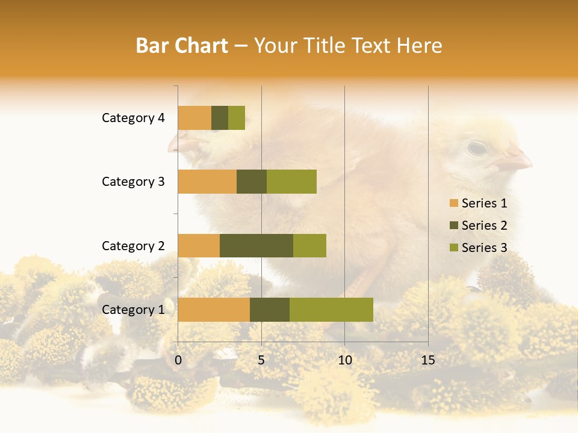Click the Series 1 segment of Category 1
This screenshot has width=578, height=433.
point(214,310)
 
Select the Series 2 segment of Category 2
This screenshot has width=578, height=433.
point(256,245)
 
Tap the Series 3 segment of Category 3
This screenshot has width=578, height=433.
point(291,182)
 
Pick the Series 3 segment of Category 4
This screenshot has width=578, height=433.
point(237,118)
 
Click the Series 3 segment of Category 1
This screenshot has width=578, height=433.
point(331,310)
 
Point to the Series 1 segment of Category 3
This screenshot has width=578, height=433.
point(207,182)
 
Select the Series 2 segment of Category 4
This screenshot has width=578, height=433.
point(220,118)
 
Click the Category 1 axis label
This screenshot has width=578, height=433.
point(133,310)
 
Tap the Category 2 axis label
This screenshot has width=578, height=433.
point(133,245)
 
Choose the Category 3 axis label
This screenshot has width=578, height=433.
point(133,182)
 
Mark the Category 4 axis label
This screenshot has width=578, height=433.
point(133,118)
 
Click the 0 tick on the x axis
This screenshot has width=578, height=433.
point(178,360)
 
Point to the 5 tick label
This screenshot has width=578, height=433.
point(261,360)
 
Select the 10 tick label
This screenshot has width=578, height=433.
point(344,360)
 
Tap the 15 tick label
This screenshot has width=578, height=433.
point(427,360)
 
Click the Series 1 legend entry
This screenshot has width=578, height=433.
point(478,203)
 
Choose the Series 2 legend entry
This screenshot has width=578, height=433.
point(478,226)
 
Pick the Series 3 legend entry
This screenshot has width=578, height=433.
point(478,248)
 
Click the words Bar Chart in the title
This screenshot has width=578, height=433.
point(182,46)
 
